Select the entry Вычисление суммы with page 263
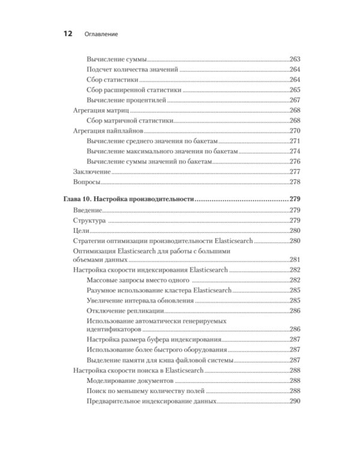[x=117, y=59]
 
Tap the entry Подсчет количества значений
[x=133, y=70]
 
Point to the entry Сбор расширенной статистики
[x=134, y=90]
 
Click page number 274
[x=294, y=151]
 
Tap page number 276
[x=294, y=161]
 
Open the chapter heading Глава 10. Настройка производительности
[x=128, y=199]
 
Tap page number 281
[x=294, y=260]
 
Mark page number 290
[x=294, y=401]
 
